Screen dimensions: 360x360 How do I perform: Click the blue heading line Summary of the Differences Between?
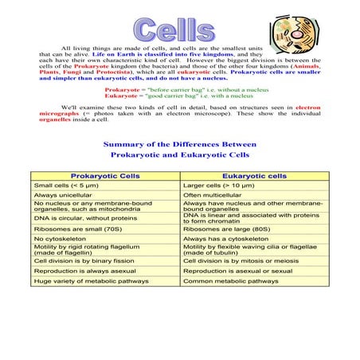[x=179, y=143]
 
